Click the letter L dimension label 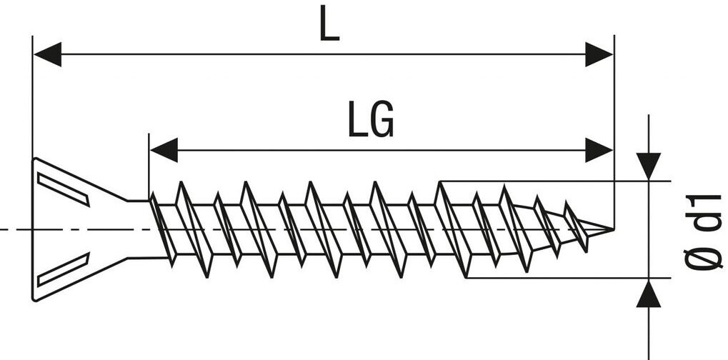[329, 25]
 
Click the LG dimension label [371, 121]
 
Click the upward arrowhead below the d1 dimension [648, 293]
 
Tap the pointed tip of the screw [611, 229]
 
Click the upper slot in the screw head [64, 189]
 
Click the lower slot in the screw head [64, 269]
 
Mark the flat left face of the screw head [34, 229]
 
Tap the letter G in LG [382, 121]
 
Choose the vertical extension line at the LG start [149, 164]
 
